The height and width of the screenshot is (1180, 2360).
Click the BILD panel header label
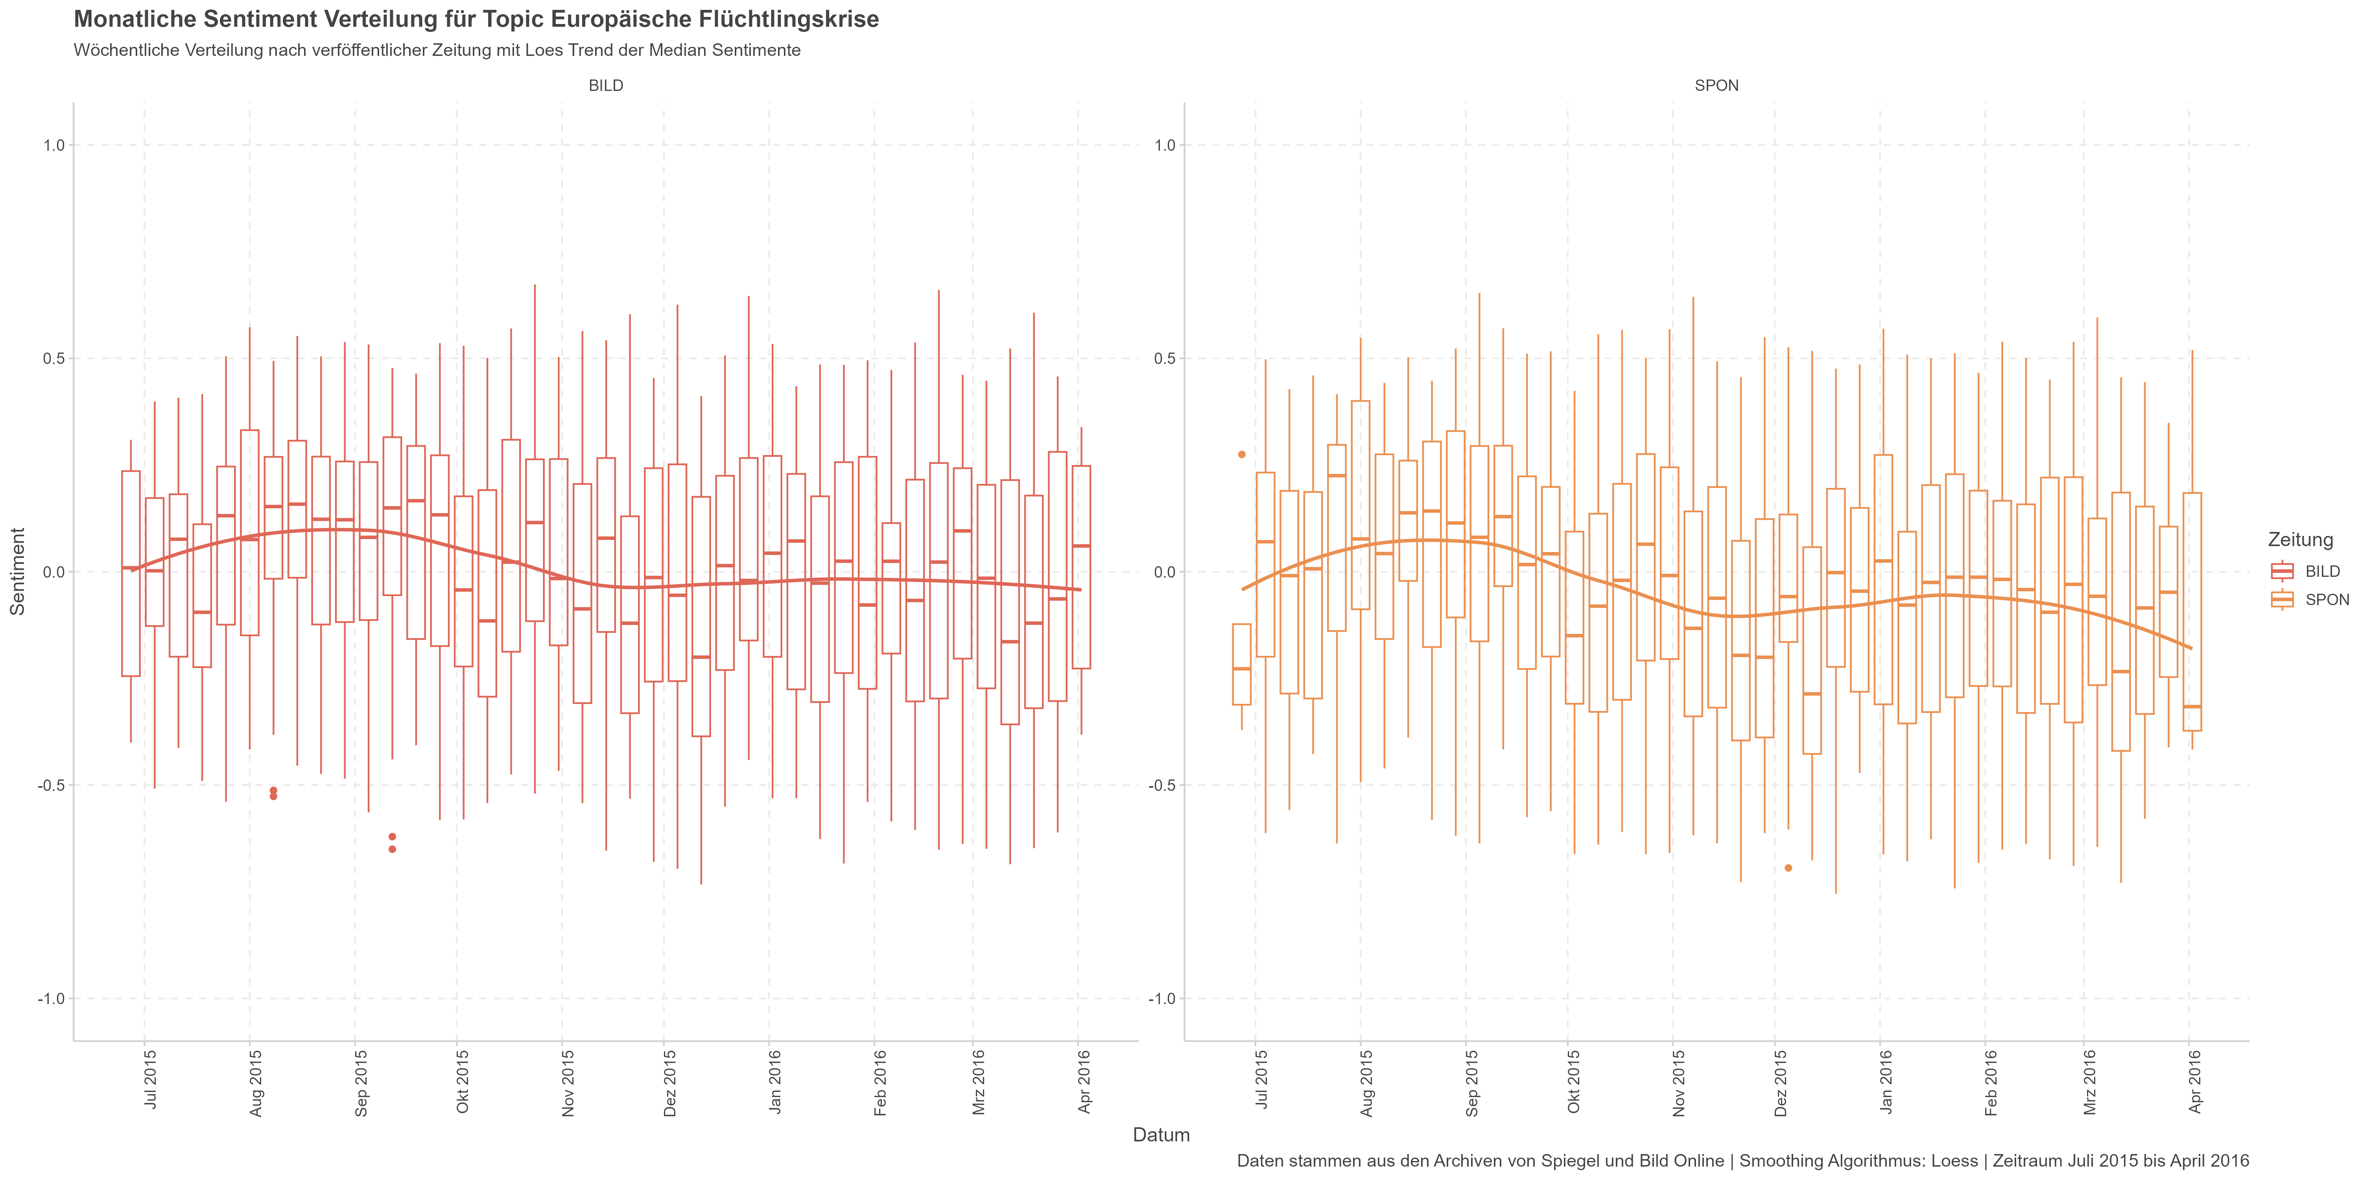tap(606, 85)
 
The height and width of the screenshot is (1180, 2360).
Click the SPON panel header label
tap(1716, 85)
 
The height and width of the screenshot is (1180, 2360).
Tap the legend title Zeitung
tap(2299, 539)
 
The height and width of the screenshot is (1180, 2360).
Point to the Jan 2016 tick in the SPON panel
tap(1885, 1081)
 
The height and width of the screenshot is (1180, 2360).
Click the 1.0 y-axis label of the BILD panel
tap(54, 145)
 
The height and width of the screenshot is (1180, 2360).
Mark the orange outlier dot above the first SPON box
tap(1241, 454)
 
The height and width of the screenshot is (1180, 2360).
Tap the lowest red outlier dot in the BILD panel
tap(392, 849)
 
